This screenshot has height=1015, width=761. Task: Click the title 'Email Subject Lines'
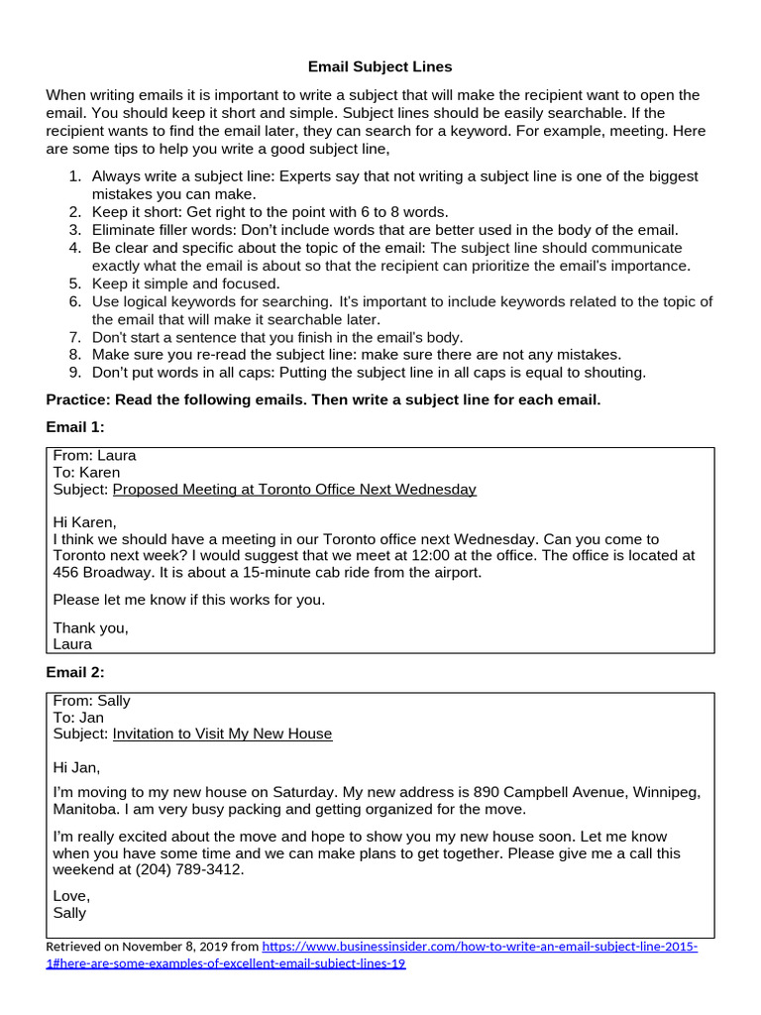380,66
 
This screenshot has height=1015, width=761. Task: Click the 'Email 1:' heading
75,426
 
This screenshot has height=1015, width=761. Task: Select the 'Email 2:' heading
75,672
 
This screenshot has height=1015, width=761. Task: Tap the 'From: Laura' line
94,456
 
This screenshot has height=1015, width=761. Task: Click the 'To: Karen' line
86,473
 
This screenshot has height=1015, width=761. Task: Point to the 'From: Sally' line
91,701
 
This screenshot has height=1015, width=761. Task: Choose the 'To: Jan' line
78,718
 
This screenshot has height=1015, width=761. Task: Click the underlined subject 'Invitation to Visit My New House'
222,733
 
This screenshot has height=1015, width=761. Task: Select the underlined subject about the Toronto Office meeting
294,489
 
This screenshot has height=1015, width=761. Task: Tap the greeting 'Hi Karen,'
84,522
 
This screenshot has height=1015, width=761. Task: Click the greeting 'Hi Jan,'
76,767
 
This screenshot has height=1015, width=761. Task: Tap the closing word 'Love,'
70,896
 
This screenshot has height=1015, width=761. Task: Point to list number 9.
74,373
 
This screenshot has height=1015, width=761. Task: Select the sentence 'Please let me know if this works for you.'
188,600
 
